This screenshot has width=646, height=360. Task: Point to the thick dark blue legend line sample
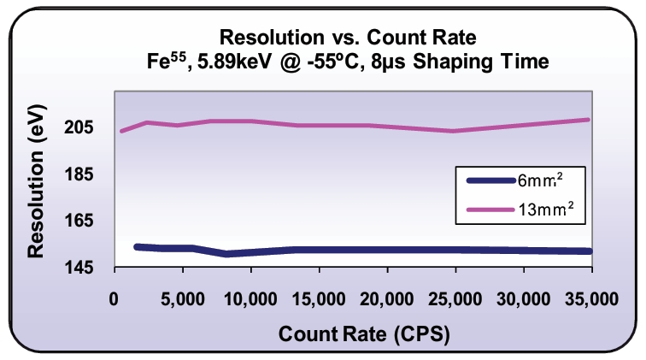click(x=490, y=180)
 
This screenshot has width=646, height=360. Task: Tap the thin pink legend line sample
click(x=490, y=208)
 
